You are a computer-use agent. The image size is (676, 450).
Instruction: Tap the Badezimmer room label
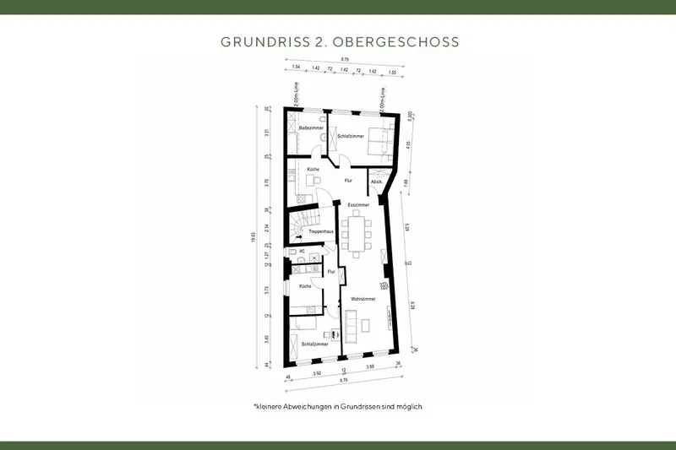[312, 127]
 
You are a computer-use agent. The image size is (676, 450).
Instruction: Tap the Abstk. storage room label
[377, 182]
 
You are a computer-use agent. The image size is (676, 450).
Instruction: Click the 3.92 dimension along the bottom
[317, 372]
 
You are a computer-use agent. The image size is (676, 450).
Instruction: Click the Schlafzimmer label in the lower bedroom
[313, 344]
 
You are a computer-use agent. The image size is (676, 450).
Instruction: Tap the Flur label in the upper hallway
[347, 181]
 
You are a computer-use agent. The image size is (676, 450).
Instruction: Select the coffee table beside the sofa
[367, 323]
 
